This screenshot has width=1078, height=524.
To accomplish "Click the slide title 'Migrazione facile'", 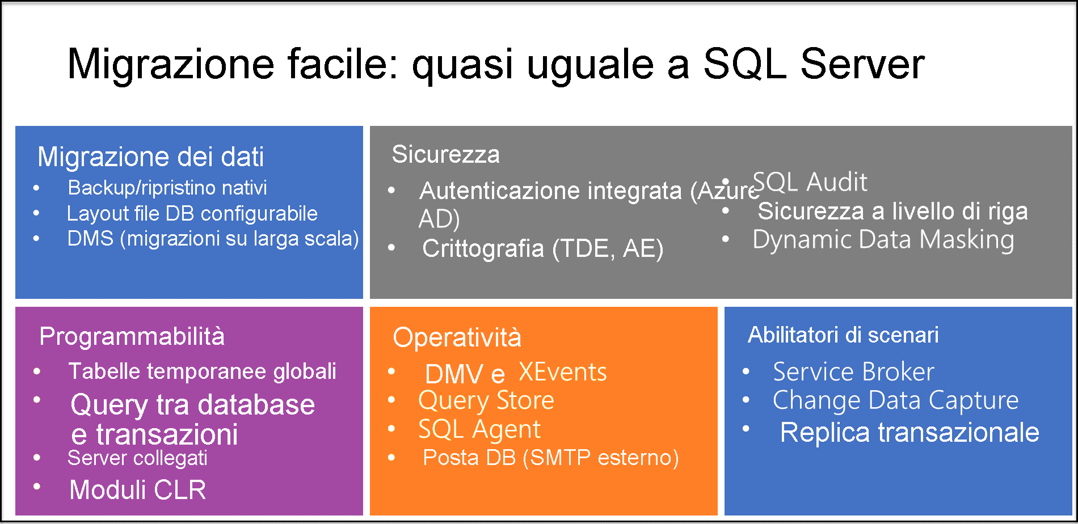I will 495,64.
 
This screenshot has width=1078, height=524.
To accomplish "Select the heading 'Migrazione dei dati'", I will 150,157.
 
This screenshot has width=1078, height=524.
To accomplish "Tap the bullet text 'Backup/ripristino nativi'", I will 167,188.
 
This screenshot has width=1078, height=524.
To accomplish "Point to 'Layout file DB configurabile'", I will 192,214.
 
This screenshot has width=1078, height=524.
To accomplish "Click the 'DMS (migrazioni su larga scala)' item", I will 213,239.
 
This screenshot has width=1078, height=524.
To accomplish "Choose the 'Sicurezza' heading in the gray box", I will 445,154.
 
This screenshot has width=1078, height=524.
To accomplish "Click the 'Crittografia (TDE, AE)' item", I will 542,248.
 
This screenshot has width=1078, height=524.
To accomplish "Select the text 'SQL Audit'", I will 810,183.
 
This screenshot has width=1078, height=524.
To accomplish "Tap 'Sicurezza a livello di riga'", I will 892,212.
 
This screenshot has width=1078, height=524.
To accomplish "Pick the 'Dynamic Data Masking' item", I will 883,239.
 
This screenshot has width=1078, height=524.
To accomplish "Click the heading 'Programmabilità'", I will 132,336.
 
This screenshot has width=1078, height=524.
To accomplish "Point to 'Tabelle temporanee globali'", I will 202,371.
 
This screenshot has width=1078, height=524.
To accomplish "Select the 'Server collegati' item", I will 137,458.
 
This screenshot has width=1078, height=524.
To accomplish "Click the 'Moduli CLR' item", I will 137,490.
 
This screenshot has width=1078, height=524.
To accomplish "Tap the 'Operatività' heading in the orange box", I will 457,337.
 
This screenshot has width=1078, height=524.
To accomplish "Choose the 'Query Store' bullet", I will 486,400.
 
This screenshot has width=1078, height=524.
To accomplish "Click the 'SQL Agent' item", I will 479,429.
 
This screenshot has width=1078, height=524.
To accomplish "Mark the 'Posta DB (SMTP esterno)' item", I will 550,458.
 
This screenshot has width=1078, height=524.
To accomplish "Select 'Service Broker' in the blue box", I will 853,372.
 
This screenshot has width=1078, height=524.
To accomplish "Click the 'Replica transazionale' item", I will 909,433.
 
